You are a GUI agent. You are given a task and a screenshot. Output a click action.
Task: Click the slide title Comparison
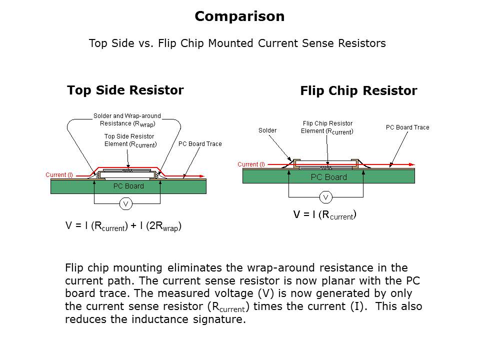(239, 16)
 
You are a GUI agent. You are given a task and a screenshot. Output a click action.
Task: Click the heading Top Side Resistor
(125, 90)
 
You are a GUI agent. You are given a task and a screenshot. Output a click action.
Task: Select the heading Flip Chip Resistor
(358, 91)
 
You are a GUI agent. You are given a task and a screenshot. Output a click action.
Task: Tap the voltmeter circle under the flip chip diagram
(325, 197)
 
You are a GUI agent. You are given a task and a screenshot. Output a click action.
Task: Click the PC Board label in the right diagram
(328, 177)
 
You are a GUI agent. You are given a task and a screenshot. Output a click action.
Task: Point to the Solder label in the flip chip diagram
(267, 130)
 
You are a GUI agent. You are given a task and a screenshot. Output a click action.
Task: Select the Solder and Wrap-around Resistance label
(127, 119)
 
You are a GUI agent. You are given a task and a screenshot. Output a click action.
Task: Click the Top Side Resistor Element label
(130, 140)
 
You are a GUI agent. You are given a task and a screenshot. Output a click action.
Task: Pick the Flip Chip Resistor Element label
(327, 127)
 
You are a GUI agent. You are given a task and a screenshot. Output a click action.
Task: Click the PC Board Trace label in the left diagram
(200, 144)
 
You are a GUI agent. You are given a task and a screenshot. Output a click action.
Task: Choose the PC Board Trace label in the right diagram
(407, 127)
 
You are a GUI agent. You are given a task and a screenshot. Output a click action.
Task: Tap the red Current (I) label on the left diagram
(59, 175)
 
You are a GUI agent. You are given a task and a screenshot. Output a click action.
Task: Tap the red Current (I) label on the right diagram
(251, 164)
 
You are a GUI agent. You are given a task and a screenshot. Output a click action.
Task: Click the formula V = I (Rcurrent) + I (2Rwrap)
(123, 226)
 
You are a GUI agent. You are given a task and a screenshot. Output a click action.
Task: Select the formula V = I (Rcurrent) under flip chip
(324, 215)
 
